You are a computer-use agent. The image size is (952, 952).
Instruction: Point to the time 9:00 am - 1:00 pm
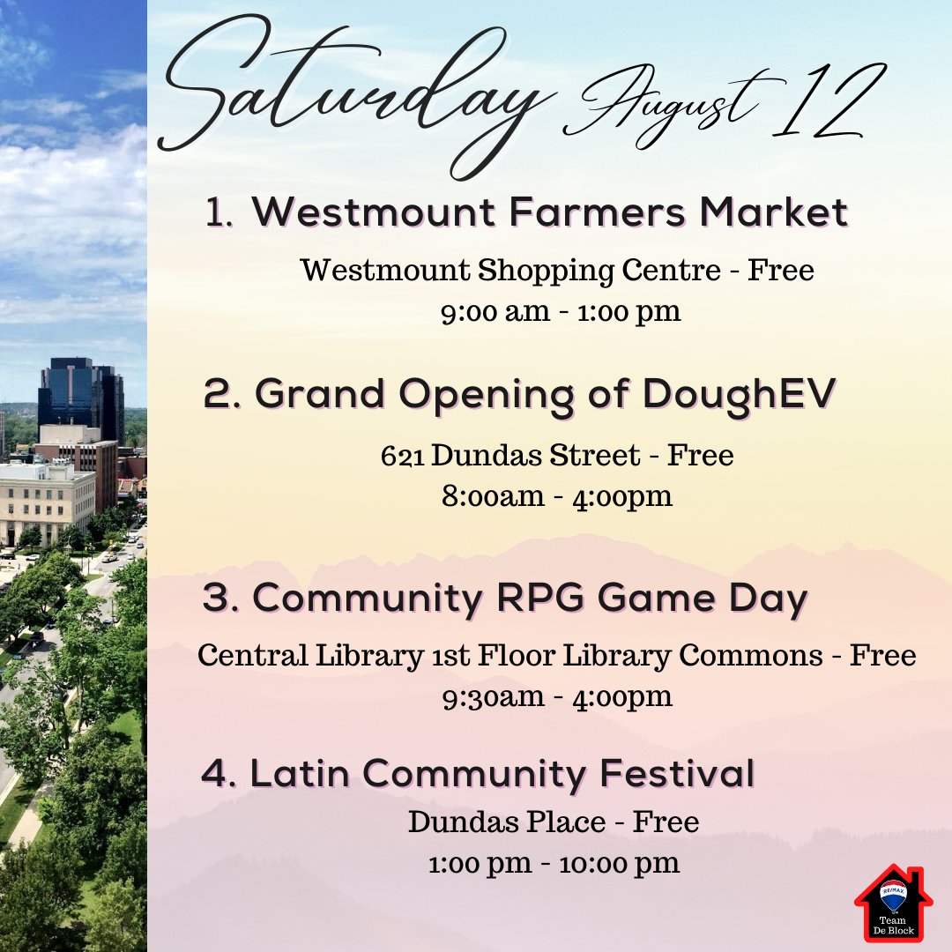pos(561,312)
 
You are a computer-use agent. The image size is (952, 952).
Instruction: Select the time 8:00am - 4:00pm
pos(557,496)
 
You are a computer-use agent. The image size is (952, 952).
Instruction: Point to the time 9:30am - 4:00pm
pos(557,696)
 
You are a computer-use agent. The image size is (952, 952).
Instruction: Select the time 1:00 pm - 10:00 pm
pos(554,863)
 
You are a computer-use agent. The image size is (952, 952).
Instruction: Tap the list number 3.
pos(217,599)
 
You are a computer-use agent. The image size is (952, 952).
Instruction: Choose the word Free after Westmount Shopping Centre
pos(780,270)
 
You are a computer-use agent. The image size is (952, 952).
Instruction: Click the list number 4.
pos(217,773)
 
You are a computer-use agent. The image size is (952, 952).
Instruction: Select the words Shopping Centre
pos(599,270)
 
